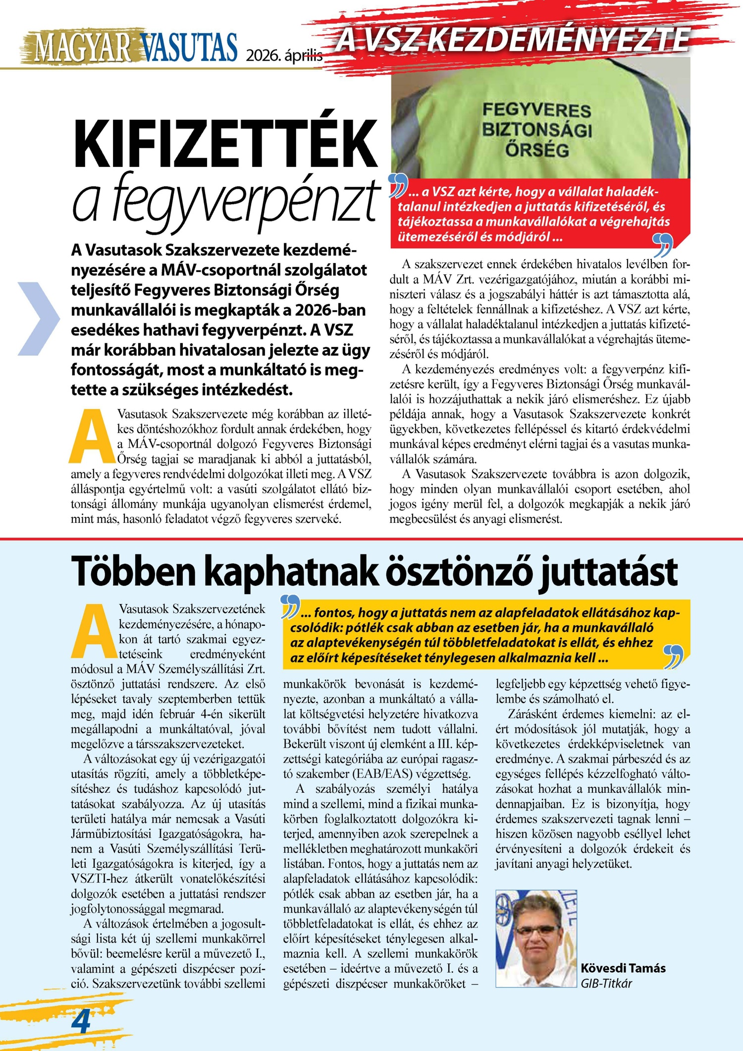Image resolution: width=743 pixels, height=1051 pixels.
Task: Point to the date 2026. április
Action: pyautogui.click(x=284, y=55)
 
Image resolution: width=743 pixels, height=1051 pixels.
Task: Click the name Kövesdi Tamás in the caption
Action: pyautogui.click(x=623, y=968)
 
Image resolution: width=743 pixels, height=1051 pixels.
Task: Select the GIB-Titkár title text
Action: pyautogui.click(x=606, y=983)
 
